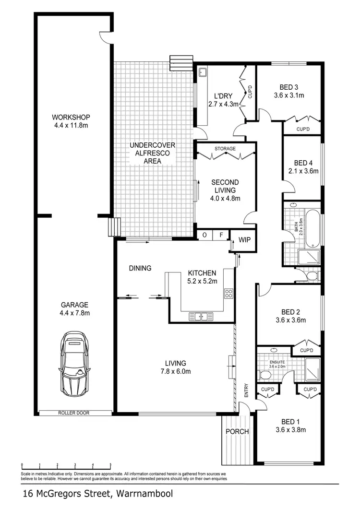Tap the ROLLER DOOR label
click(x=73, y=413)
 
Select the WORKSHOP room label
click(x=72, y=117)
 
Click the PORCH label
click(x=238, y=431)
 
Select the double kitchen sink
click(x=201, y=316)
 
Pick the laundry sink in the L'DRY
click(x=203, y=73)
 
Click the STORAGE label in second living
click(x=225, y=149)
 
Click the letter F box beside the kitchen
click(x=220, y=235)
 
